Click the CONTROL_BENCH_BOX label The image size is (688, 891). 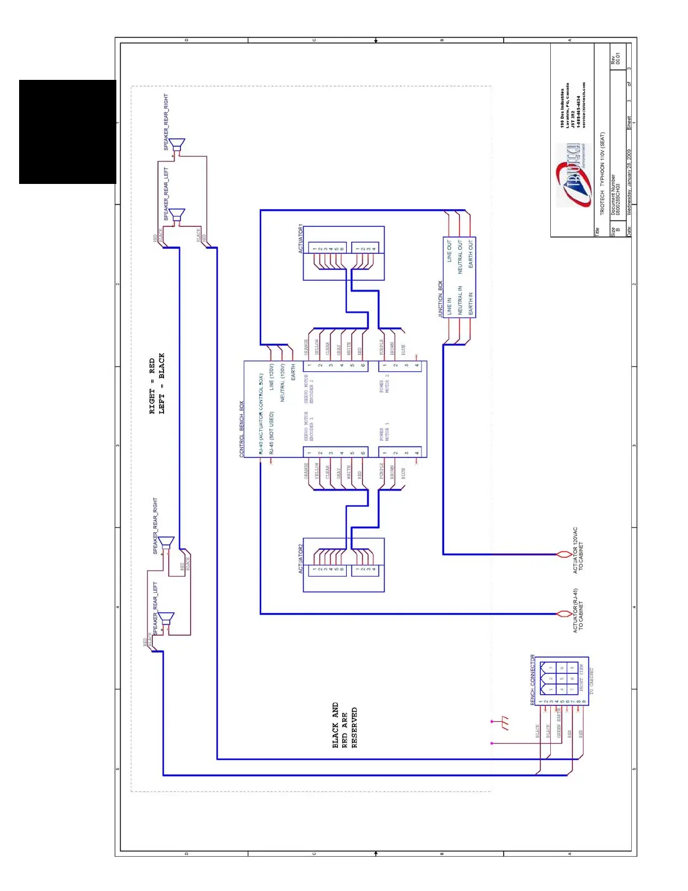point(242,429)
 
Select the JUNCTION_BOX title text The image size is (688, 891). point(440,299)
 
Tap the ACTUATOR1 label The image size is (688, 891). point(301,239)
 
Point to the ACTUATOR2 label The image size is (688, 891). point(301,558)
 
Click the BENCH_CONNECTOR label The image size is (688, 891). point(533,679)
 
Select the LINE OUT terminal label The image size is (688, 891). point(449,251)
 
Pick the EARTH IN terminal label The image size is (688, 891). point(470,303)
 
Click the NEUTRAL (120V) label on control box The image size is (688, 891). point(283,382)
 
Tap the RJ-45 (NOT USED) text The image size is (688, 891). point(271,433)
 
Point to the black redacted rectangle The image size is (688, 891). point(67,132)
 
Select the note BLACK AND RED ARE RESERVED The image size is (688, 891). point(345,725)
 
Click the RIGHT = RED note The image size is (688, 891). point(152,386)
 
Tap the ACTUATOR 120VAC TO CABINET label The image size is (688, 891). point(578,550)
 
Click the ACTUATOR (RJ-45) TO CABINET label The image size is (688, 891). point(578,610)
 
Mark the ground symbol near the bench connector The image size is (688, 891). point(504,723)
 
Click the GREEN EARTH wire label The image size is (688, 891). point(559,723)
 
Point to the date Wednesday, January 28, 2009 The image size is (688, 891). point(629,182)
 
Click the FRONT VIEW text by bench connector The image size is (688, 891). point(582,677)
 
